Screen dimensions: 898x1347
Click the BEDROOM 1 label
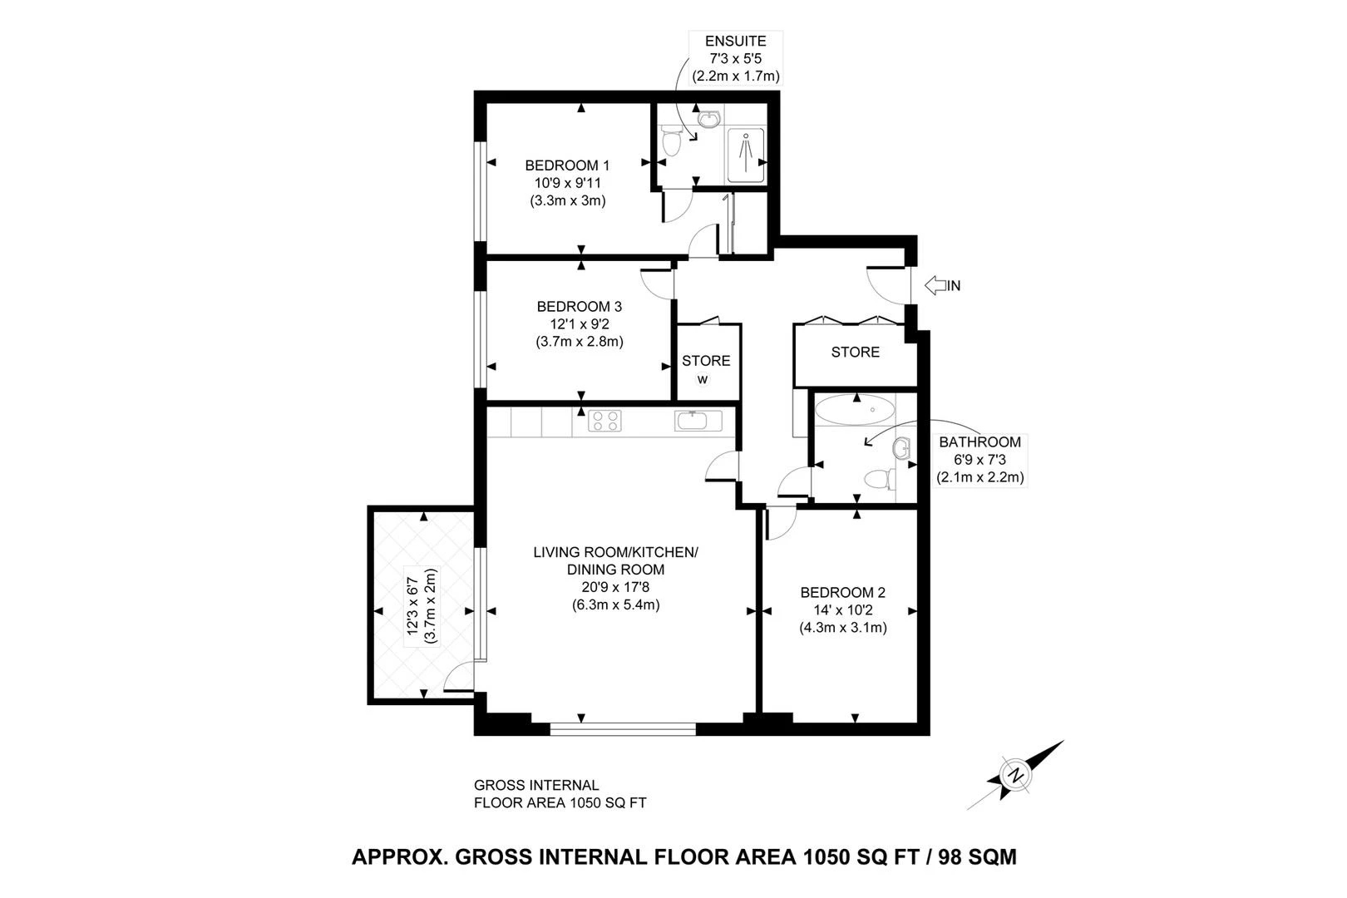(x=567, y=165)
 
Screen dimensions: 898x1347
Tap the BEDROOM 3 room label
(x=579, y=306)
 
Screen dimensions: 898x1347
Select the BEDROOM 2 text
(x=842, y=592)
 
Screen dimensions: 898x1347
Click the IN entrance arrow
(x=942, y=285)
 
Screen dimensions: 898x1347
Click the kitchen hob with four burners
(x=604, y=421)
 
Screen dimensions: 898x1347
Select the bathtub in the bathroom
(x=856, y=410)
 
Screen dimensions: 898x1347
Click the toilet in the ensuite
(x=671, y=143)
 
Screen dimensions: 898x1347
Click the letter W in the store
(x=703, y=380)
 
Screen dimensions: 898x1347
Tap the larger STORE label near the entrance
(x=855, y=353)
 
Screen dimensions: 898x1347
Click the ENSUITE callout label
(x=735, y=42)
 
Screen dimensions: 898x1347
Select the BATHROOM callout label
(x=979, y=442)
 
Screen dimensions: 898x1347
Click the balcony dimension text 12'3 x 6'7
(x=412, y=607)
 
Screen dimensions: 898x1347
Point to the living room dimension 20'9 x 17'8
(x=615, y=587)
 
